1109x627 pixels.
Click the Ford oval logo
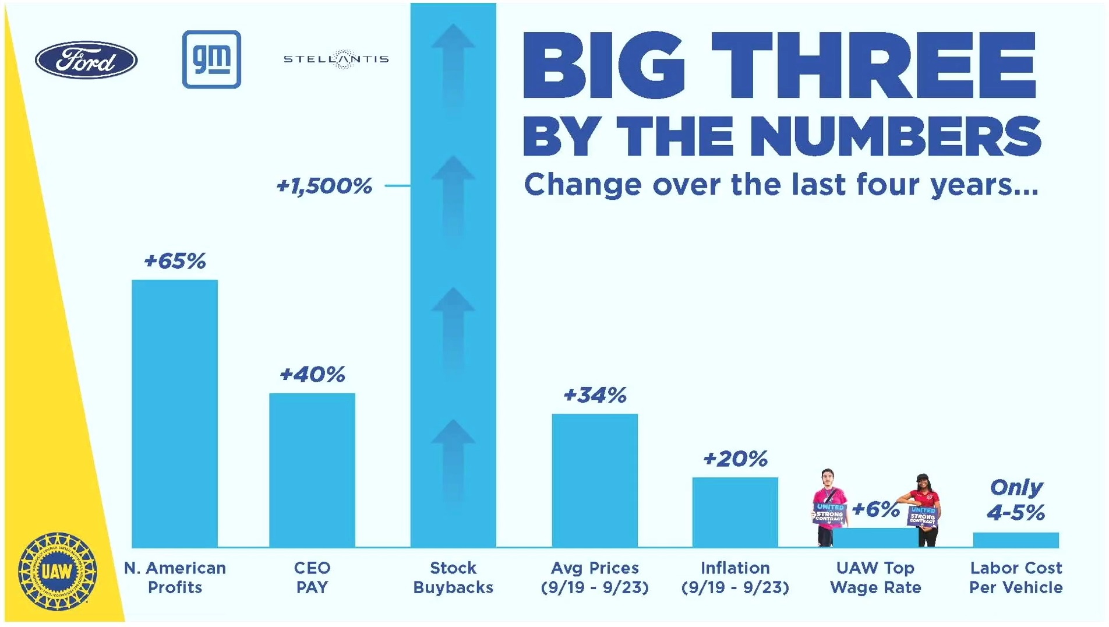(x=86, y=59)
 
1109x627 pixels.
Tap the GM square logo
(x=211, y=59)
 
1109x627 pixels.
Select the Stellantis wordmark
(x=336, y=59)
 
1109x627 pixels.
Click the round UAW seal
(x=57, y=571)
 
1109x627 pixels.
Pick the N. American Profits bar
(x=175, y=414)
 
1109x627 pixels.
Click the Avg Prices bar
(x=595, y=480)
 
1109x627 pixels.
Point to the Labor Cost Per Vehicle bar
(x=1016, y=540)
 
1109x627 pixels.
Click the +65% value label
(x=175, y=261)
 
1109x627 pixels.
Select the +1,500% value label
(x=324, y=186)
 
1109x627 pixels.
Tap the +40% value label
(x=312, y=374)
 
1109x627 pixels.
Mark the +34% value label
(x=595, y=395)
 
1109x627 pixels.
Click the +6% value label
(x=875, y=509)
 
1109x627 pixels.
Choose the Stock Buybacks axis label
(x=453, y=577)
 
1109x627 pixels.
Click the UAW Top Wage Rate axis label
(x=875, y=577)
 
